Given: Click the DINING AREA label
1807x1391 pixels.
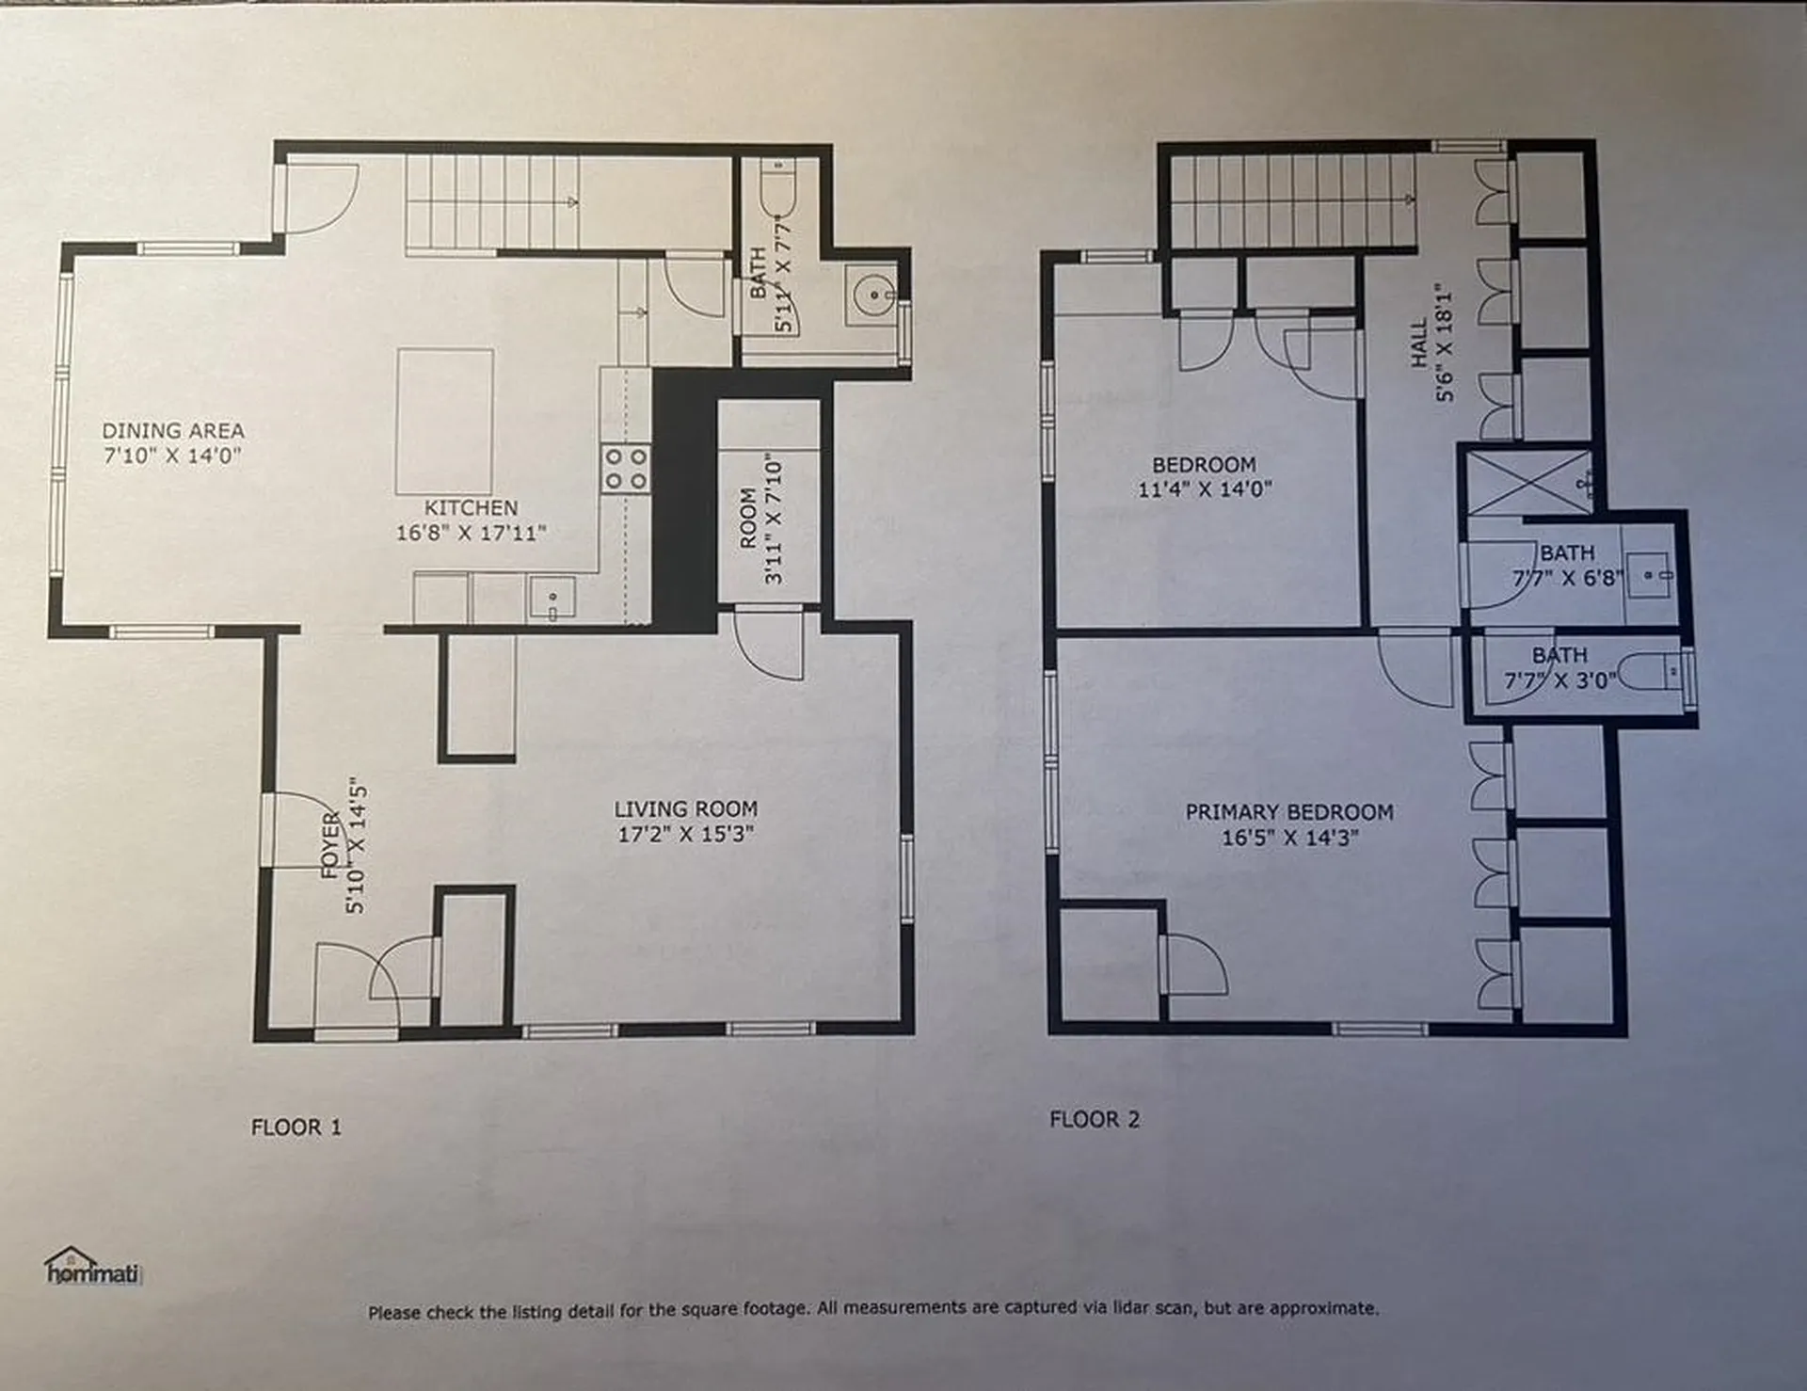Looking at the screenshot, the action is coord(173,431).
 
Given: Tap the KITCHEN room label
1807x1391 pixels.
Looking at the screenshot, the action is coord(471,508).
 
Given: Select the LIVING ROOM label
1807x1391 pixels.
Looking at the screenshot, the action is coord(685,808).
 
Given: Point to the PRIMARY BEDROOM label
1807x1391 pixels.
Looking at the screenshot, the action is coord(1289,812).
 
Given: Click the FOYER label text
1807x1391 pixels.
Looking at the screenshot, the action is coord(330,845).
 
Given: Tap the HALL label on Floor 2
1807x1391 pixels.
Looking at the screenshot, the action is coord(1419,343).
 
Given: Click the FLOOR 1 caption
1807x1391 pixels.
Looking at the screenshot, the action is coord(296,1127).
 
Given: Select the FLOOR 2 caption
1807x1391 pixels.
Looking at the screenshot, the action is coord(1095,1119).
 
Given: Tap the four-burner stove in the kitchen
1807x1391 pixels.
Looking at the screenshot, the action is coord(626,468).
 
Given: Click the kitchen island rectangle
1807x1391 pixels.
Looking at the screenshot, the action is coord(445,422).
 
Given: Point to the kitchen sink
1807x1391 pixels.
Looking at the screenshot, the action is coord(552,599).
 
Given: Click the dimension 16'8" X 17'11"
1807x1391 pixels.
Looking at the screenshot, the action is coord(471,533).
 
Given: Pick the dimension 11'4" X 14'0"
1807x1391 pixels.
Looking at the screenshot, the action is coord(1205,489).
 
